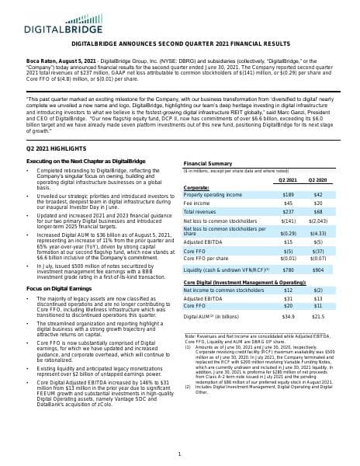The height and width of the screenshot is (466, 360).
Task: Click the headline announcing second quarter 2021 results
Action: [x=179, y=44]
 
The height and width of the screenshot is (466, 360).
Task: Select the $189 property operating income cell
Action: [x=288, y=194]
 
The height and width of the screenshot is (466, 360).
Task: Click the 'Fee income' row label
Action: [x=198, y=203]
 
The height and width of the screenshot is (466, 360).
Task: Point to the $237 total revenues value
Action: [x=288, y=212]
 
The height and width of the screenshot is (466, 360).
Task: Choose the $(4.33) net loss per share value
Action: [x=317, y=232]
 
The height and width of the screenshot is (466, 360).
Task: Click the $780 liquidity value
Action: [x=288, y=270]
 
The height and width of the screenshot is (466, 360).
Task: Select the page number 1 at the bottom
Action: [x=179, y=455]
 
